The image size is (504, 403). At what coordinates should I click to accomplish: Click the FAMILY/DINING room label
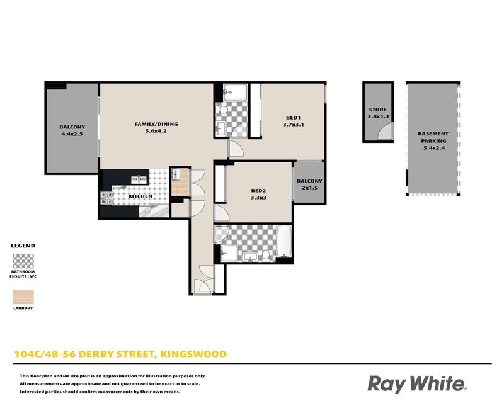pyautogui.click(x=156, y=124)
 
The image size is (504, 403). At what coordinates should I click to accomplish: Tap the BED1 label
pyautogui.click(x=293, y=118)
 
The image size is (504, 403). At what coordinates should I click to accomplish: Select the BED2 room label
pyautogui.click(x=258, y=191)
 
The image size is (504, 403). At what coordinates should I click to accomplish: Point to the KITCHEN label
pyautogui.click(x=140, y=196)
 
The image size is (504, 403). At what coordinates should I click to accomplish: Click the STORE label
pyautogui.click(x=377, y=110)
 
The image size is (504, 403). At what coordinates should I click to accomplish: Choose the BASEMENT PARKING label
pyautogui.click(x=433, y=137)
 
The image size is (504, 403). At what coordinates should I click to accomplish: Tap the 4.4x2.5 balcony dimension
pyautogui.click(x=72, y=134)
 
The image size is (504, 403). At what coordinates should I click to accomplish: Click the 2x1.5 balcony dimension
pyautogui.click(x=309, y=188)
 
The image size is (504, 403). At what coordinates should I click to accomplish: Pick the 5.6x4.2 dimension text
pyautogui.click(x=156, y=131)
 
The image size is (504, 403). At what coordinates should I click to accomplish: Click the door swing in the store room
pyautogui.click(x=385, y=131)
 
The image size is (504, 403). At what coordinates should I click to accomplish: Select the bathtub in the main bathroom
pyautogui.click(x=284, y=241)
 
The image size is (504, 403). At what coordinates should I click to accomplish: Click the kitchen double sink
pyautogui.click(x=139, y=179)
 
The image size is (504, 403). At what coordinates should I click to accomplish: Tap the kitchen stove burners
pyautogui.click(x=106, y=198)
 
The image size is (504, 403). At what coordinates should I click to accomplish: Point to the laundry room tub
pyautogui.click(x=176, y=174)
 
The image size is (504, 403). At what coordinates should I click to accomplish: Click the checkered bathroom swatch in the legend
pyautogui.click(x=23, y=261)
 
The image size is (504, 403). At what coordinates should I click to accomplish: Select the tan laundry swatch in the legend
pyautogui.click(x=23, y=297)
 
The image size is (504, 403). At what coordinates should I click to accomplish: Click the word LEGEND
pyautogui.click(x=23, y=246)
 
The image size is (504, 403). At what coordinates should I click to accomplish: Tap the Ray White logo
pyautogui.click(x=417, y=384)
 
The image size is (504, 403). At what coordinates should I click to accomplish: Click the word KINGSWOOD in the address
pyautogui.click(x=193, y=354)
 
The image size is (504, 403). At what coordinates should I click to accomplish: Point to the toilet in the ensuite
pyautogui.click(x=222, y=110)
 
